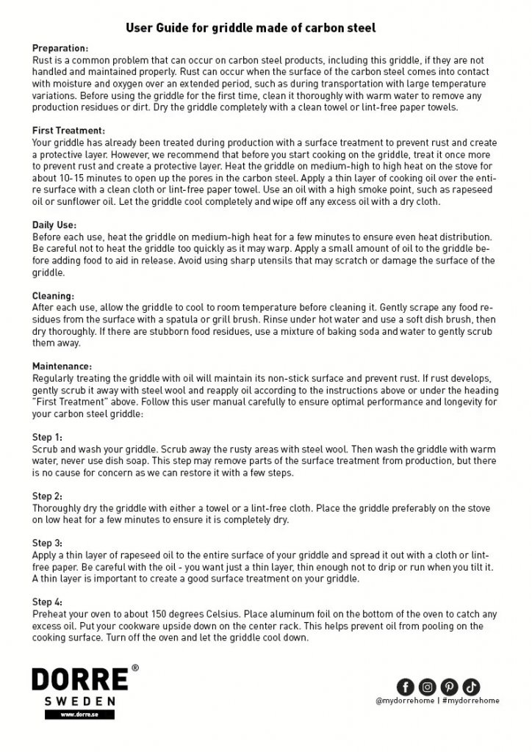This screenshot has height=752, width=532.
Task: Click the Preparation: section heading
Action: pos(60,48)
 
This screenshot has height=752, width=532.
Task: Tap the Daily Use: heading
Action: pos(54,225)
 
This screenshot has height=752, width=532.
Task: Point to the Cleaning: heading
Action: pos(53,297)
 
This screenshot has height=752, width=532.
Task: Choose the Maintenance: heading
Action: pos(62,366)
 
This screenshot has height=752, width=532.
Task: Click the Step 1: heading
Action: pos(48,437)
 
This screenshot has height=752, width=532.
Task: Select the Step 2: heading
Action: pos(48,496)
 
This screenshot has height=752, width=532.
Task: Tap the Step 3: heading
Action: pos(48,544)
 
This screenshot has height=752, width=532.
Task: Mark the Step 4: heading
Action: pos(48,603)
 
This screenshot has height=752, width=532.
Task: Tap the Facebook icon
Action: pos(405,687)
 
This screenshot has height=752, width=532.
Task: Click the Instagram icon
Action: pos(427,687)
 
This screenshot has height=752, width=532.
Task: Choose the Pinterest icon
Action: pos(449,687)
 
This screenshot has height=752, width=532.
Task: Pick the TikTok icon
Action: pos(471,687)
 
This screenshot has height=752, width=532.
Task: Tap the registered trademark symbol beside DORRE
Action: pos(134,669)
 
